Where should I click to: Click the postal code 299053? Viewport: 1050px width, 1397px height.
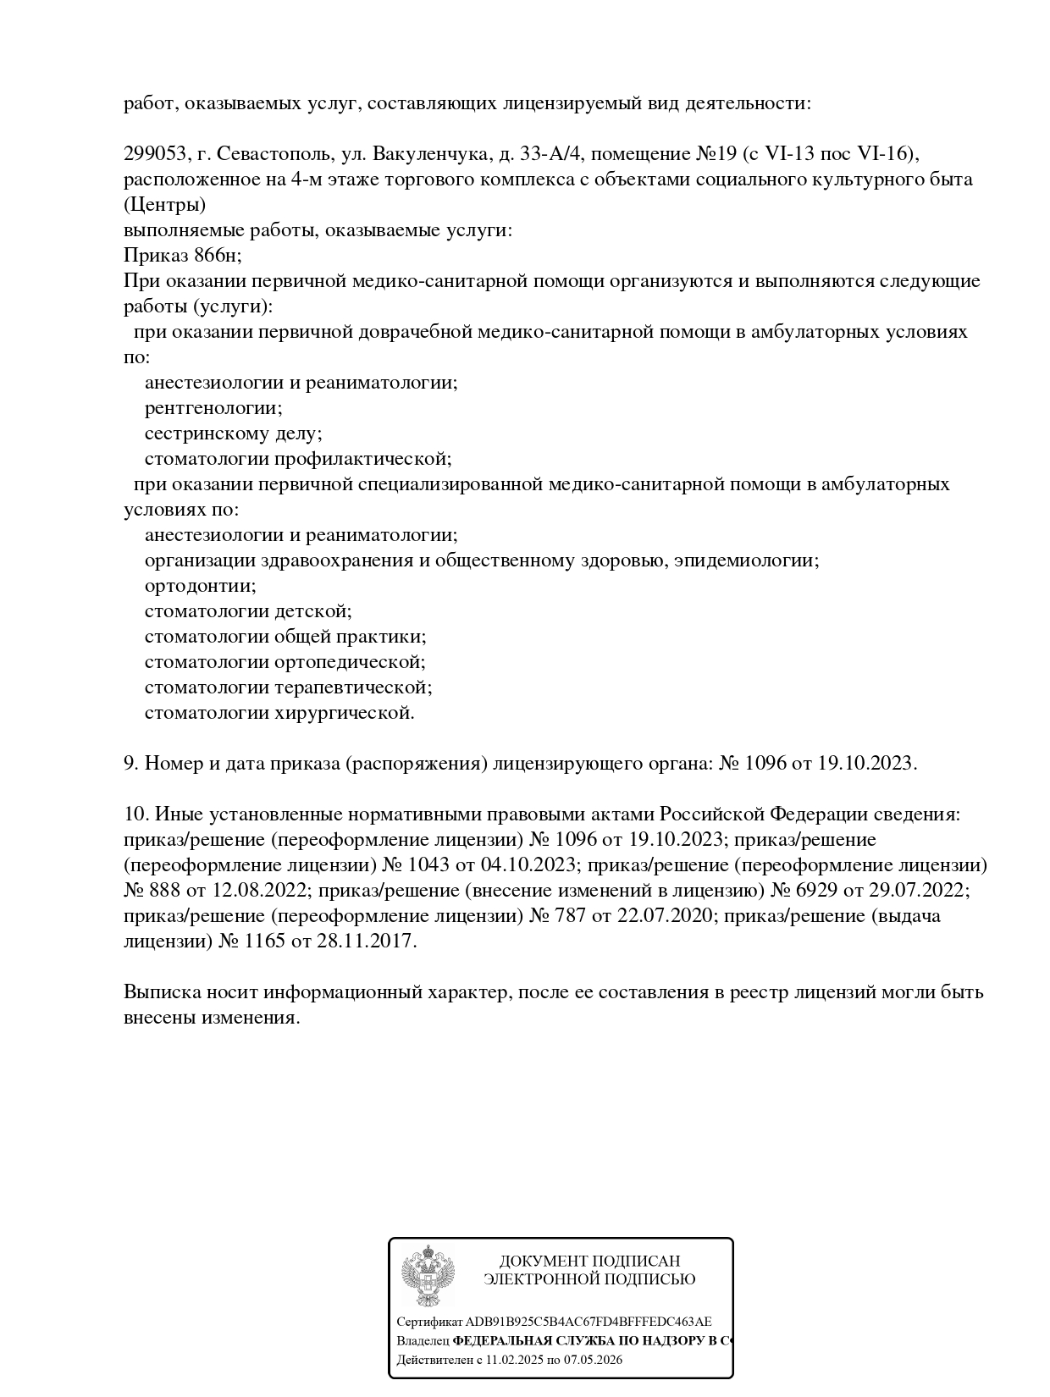point(155,154)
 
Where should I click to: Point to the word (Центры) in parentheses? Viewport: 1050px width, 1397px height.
point(164,205)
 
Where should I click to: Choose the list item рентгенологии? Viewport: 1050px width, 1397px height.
point(213,408)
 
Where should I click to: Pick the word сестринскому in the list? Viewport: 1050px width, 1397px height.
point(204,433)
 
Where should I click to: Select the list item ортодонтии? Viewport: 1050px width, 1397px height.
point(201,586)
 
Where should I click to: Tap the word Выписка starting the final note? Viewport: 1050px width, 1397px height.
point(158,992)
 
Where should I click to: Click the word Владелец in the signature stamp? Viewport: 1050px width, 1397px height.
point(423,1341)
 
